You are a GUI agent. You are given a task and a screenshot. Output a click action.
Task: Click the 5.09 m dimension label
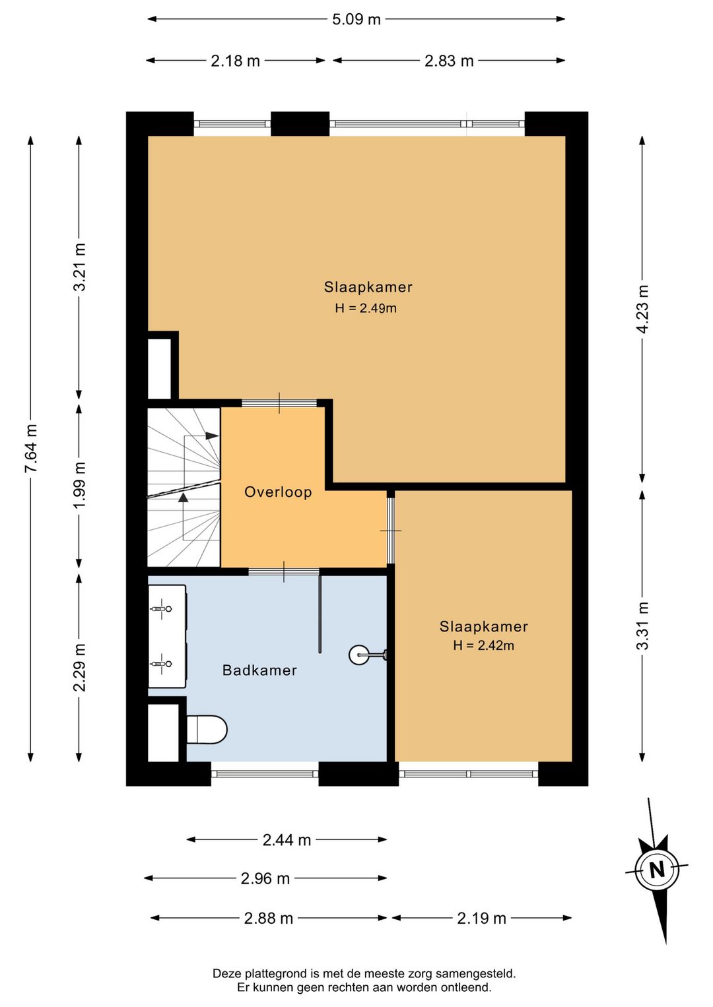pos(356,19)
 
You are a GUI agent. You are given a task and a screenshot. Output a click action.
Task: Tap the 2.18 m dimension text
pos(235,60)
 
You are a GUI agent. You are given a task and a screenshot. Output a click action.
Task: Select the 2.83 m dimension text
pos(449,60)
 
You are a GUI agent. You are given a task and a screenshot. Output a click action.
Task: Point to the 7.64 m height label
pos(31,448)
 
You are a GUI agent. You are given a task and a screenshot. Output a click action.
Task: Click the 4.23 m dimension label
pos(643,309)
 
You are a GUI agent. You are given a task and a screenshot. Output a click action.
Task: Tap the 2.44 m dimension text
pos(287,839)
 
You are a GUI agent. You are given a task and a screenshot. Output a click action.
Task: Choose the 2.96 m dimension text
pos(265,878)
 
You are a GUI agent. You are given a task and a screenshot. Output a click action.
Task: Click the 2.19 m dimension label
pos(481,918)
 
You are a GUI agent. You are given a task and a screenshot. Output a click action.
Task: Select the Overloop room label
pos(278,492)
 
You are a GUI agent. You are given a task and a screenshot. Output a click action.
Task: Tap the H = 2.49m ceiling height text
pos(366,308)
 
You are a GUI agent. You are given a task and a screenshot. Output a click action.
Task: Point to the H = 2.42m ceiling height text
pos(483,645)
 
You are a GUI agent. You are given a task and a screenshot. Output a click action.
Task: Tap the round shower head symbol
pos(359,655)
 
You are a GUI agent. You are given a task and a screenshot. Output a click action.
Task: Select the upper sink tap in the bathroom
pos(161,609)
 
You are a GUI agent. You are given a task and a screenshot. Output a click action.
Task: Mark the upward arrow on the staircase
pos(183,497)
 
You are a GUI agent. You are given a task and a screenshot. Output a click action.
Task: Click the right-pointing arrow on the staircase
pos(212,436)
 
